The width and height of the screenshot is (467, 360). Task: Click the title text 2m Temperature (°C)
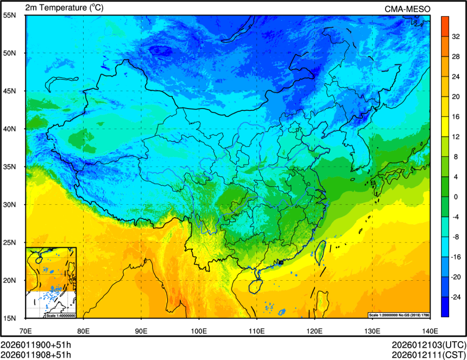[x=64, y=8]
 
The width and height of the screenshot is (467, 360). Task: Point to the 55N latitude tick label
[x=10, y=15]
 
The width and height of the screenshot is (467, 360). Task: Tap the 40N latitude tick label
[x=10, y=129]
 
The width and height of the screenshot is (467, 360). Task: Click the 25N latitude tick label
[x=10, y=242]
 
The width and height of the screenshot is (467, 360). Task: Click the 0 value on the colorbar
[x=455, y=197]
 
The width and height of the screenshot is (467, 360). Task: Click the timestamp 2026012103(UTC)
[x=428, y=345]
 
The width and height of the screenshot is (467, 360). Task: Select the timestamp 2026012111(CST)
[x=428, y=355]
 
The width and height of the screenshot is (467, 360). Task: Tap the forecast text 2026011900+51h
[x=36, y=345]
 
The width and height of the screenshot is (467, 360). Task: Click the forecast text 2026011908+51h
[x=36, y=355]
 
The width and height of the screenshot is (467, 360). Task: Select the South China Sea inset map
[x=51, y=282]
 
